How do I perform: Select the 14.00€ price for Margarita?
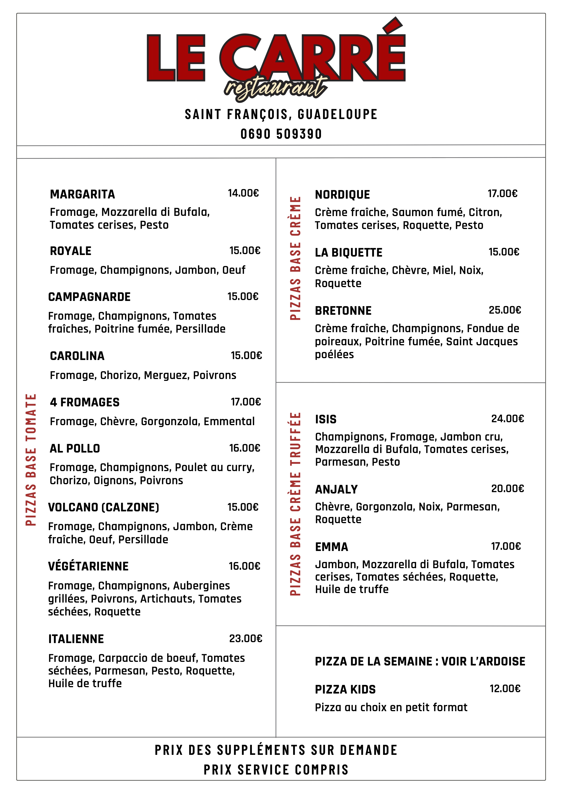coord(243,193)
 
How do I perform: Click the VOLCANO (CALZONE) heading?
coord(104,507)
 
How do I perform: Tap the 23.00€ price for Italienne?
coord(246,638)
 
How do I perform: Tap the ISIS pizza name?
coord(326,419)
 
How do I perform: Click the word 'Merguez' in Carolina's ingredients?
coord(166,375)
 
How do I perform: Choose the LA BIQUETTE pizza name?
coord(348,253)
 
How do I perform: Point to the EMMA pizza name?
coord(331,547)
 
